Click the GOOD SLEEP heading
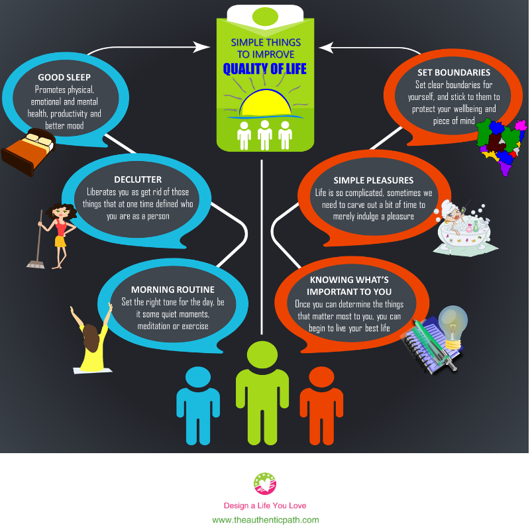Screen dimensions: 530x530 click(64, 78)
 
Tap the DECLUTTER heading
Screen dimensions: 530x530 click(138, 180)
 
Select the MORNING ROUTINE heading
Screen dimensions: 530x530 click(173, 290)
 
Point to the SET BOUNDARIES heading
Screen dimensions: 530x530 click(454, 72)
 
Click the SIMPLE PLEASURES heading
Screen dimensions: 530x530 click(374, 180)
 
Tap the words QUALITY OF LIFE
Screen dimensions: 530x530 click(264, 69)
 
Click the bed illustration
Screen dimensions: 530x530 click(28, 152)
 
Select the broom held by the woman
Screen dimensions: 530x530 click(36, 239)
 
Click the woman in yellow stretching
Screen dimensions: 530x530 click(91, 338)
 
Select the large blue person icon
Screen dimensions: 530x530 click(198, 405)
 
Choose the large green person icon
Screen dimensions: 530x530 click(262, 393)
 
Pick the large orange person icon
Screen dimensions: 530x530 click(321, 405)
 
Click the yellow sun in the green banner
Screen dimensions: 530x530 click(266, 103)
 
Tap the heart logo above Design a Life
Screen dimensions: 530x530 click(265, 484)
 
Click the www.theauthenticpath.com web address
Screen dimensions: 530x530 click(266, 520)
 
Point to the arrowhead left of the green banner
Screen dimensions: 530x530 click(202, 47)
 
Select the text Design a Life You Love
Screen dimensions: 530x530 click(265, 505)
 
